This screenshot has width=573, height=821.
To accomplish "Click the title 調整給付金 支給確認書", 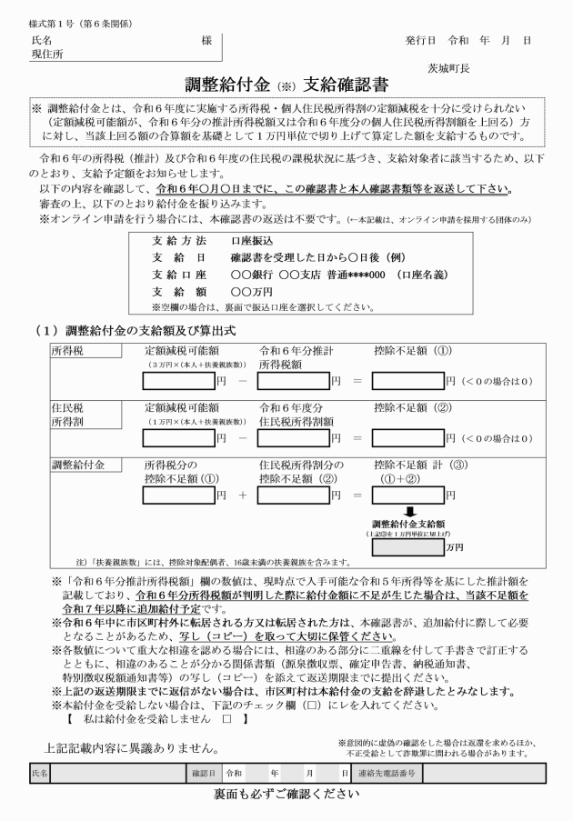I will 287,85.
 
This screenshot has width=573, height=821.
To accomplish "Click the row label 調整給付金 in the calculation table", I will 76,465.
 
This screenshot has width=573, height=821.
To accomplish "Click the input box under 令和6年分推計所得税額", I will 293,381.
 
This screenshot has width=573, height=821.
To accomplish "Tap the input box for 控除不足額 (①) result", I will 406,381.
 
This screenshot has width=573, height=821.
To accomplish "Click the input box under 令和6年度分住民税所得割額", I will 293,438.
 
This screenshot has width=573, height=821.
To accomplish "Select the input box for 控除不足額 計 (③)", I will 406,496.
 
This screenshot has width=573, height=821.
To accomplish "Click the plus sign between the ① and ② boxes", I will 243,496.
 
